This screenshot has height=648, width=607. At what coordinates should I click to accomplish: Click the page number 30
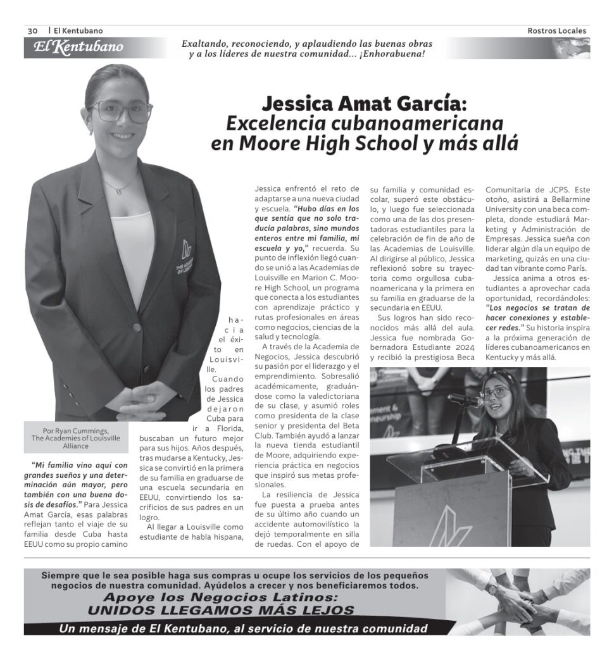click(33, 30)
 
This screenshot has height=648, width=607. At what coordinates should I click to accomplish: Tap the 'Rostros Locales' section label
click(556, 30)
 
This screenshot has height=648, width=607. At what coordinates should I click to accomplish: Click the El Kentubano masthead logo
click(78, 47)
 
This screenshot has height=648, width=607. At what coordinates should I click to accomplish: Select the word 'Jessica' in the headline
click(297, 103)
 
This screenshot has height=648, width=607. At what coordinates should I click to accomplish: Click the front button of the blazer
click(136, 328)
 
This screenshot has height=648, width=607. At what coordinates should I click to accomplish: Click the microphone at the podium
click(463, 399)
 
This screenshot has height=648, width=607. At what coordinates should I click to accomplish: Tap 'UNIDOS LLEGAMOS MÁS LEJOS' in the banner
click(221, 610)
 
